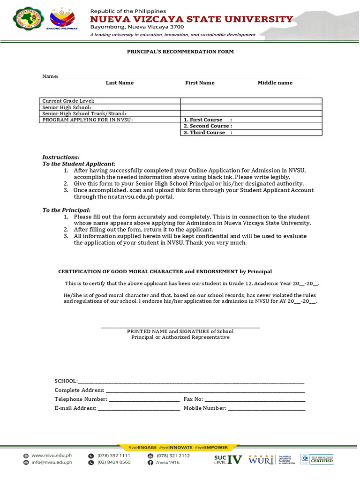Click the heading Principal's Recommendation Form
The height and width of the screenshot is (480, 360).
(180, 52)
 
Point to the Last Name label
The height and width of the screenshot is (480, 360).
(120, 83)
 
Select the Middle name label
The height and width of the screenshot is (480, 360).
(275, 83)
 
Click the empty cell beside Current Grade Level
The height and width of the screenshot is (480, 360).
(251, 101)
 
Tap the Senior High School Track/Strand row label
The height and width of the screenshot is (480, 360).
(84, 114)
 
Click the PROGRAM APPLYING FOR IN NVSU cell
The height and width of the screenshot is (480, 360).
(88, 120)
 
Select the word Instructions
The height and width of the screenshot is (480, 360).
(61, 157)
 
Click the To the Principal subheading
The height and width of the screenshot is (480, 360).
(67, 210)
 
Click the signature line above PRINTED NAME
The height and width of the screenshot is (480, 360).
(180, 328)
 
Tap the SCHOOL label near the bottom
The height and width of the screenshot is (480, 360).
(66, 381)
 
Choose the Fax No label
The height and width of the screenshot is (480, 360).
(193, 399)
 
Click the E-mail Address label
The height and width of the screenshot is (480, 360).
(75, 408)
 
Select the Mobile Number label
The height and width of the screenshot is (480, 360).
(205, 408)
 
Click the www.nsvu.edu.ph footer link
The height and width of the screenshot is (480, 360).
(51, 455)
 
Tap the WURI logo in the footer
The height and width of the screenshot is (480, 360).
(261, 459)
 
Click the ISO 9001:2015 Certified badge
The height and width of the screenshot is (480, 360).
(317, 459)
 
